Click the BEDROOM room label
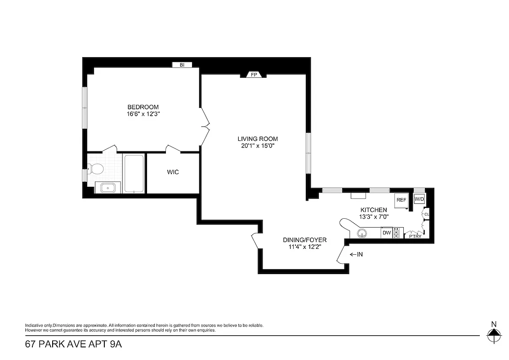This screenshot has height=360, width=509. pyautogui.click(x=143, y=107)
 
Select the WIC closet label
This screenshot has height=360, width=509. pyautogui.click(x=173, y=172)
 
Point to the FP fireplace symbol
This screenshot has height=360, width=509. pyautogui.click(x=254, y=75)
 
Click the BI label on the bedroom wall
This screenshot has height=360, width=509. pyautogui.click(x=182, y=65)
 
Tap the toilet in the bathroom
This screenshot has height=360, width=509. pyautogui.click(x=96, y=169)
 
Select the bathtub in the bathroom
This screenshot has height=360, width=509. pyautogui.click(x=134, y=174)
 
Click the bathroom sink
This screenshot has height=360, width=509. pyautogui.click(x=107, y=188)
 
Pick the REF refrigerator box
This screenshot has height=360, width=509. pyautogui.click(x=401, y=200)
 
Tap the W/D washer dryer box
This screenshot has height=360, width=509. pyautogui.click(x=419, y=199)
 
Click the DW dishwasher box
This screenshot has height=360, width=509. pyautogui.click(x=386, y=233)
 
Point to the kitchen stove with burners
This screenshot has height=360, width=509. pyautogui.click(x=397, y=233)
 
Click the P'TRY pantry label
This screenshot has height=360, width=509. pyautogui.click(x=415, y=236)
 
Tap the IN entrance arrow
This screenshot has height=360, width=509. pyautogui.click(x=356, y=254)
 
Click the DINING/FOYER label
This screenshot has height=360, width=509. pyautogui.click(x=304, y=239)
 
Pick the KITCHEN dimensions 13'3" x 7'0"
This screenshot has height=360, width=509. pyautogui.click(x=374, y=217)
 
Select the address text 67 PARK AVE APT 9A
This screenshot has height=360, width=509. pyautogui.click(x=73, y=345)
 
